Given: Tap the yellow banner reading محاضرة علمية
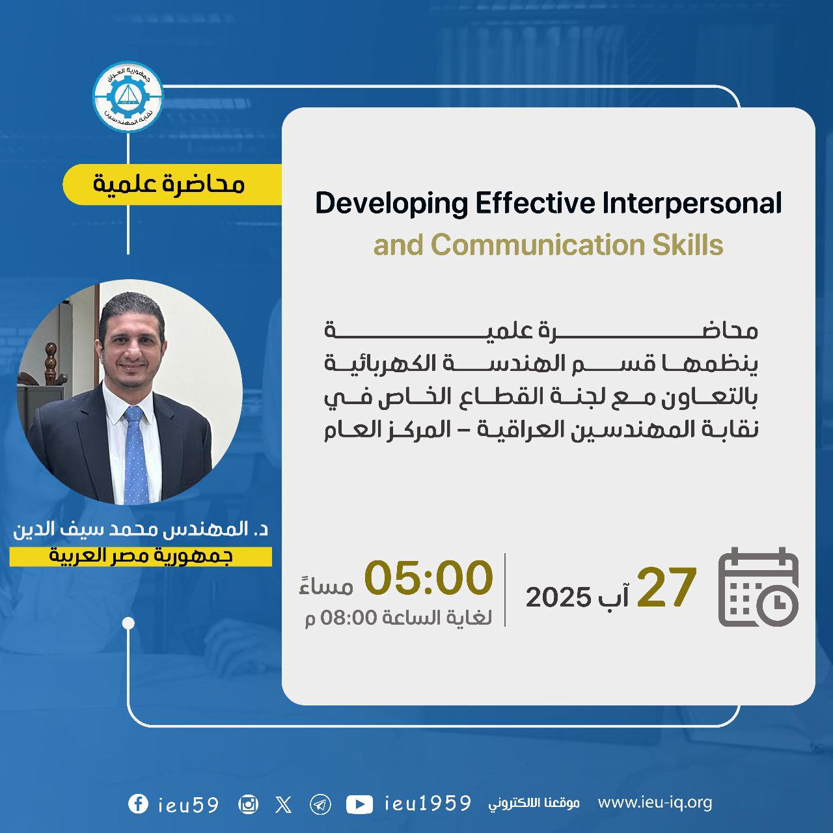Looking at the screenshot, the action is [x=172, y=184].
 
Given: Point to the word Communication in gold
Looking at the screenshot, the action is [x=538, y=245].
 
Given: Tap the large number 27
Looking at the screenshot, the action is [x=666, y=587].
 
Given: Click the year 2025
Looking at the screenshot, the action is [x=558, y=597].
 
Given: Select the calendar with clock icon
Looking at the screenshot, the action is [x=758, y=586].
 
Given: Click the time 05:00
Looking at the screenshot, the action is [x=428, y=577].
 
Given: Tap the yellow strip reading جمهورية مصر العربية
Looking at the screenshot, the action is [x=141, y=556].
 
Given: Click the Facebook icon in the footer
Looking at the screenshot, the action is [x=139, y=804].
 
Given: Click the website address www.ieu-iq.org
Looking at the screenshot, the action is [x=655, y=803].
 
